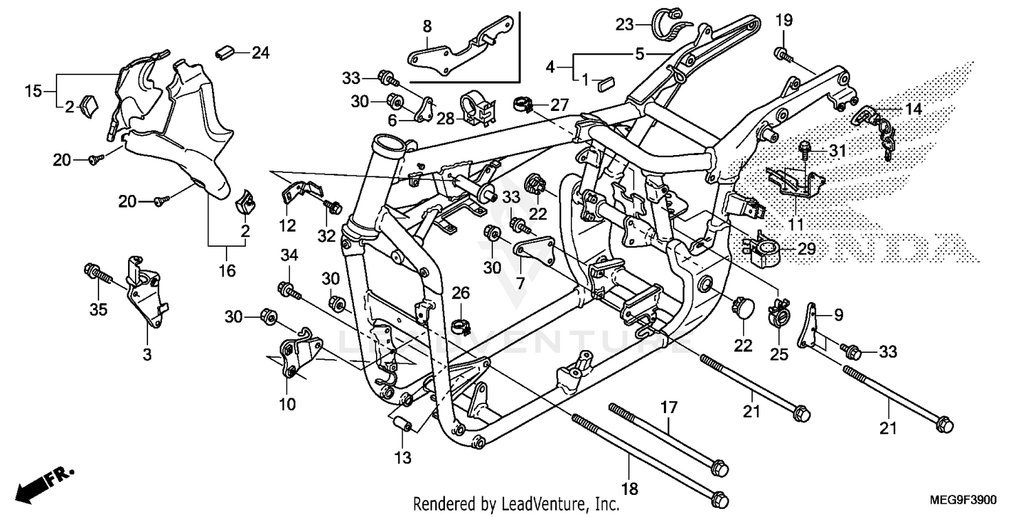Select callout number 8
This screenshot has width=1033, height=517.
[427, 28]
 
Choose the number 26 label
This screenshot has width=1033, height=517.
[460, 294]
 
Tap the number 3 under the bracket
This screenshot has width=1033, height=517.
[147, 354]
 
